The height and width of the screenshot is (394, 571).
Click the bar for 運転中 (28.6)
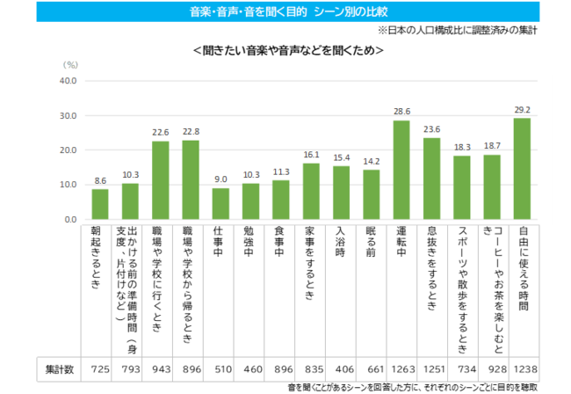tap(401, 170)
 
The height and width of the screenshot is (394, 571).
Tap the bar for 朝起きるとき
tap(100, 204)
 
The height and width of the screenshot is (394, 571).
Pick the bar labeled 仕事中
tap(221, 203)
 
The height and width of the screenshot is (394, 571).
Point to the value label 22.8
tap(191, 132)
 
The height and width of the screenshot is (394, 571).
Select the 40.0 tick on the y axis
tap(68, 81)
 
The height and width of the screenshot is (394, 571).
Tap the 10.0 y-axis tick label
tap(68, 185)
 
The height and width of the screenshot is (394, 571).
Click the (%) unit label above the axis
tap(70, 64)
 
